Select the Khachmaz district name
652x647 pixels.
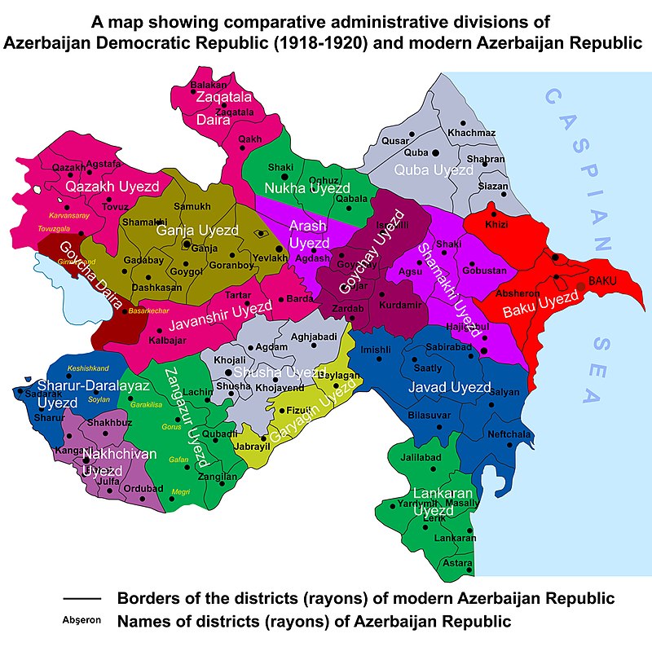tap(471, 133)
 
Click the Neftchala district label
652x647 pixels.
tap(509, 434)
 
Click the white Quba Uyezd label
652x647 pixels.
tap(433, 170)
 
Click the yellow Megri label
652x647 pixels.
tap(182, 491)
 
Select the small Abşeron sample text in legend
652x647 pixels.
tap(81, 620)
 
